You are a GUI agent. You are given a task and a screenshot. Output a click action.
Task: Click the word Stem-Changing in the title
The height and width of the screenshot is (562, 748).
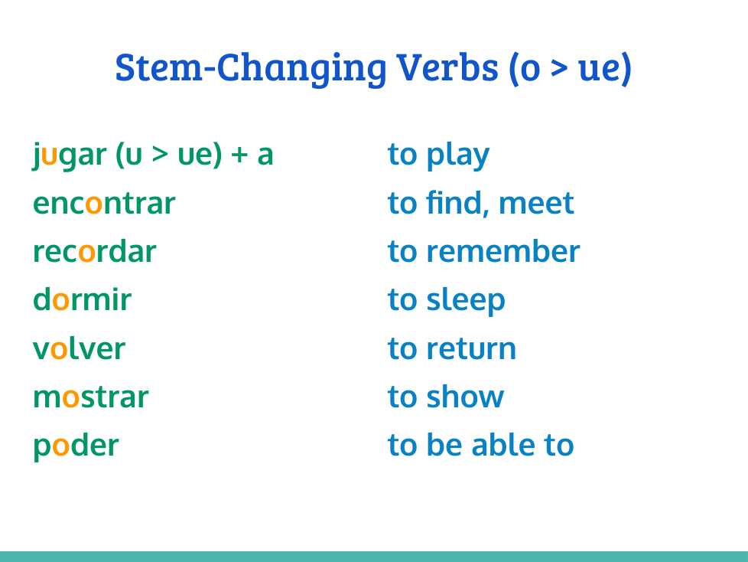250,69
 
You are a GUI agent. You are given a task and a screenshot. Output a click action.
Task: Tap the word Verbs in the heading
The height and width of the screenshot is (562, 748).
447,67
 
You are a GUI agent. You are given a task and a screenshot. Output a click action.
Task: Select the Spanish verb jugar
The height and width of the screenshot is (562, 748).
70,155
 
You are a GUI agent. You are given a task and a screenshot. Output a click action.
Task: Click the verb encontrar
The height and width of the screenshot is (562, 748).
104,204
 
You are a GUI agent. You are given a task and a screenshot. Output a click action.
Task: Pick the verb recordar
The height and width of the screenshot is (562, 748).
94,250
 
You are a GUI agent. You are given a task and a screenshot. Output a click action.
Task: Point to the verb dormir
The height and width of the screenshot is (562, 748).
82,299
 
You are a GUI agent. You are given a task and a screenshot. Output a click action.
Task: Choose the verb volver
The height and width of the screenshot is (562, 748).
80,348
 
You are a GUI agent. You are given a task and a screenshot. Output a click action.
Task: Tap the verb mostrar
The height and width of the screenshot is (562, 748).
91,397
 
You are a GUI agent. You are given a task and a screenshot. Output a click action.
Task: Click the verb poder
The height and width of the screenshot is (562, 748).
76,446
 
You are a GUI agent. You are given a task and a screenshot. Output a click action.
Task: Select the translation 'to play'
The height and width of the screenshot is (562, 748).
439,155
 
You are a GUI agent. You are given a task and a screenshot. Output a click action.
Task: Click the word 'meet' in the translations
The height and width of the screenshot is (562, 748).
536,204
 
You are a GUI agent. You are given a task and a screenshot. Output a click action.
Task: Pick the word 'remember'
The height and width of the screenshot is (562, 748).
503,250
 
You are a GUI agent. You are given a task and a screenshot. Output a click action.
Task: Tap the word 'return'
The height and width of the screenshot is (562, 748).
471,348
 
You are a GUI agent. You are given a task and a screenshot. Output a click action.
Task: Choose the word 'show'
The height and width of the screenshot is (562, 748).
465,396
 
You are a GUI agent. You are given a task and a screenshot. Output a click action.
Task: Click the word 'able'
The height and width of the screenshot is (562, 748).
502,444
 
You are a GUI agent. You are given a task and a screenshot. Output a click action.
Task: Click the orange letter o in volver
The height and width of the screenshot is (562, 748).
59,349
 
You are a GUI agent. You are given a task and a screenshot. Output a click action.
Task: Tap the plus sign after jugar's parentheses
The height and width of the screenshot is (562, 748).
239,155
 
